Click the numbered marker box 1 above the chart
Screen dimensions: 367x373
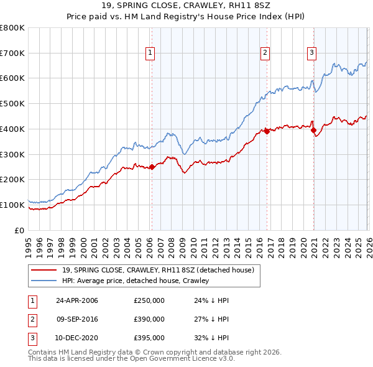tap(151, 53)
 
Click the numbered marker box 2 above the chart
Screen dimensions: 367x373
tap(265, 53)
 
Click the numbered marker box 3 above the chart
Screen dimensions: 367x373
tap(311, 53)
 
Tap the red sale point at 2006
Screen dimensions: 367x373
tap(152, 166)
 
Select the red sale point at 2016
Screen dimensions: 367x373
tap(266, 131)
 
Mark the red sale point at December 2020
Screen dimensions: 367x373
tap(313, 130)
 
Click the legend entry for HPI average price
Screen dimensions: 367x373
tap(136, 281)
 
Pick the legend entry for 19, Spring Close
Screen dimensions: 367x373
tap(158, 270)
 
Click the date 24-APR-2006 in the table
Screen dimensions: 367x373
tap(77, 300)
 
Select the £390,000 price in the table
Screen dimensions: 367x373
tap(149, 319)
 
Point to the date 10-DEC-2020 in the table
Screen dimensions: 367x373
tap(77, 338)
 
